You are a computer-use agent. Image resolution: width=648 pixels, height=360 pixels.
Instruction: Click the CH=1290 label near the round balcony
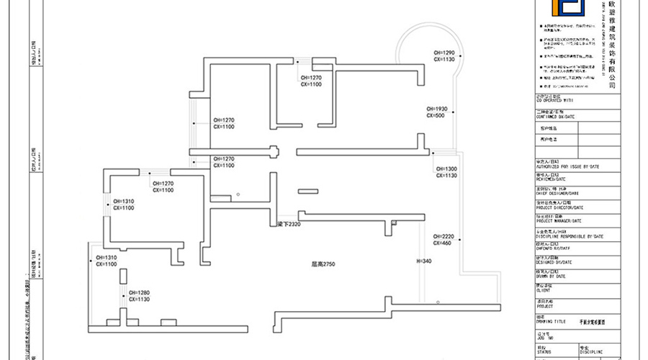click(444, 53)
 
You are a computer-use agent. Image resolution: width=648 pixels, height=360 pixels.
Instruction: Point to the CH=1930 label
click(437, 109)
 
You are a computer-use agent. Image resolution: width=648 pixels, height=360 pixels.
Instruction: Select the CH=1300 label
click(445, 169)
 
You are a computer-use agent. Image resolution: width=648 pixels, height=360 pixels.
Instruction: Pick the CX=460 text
click(442, 243)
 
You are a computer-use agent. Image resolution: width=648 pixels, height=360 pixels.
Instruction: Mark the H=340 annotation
click(423, 261)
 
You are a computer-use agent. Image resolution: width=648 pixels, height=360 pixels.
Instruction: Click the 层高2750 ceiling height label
click(324, 264)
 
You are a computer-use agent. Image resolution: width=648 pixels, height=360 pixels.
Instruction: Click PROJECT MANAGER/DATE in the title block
click(559, 221)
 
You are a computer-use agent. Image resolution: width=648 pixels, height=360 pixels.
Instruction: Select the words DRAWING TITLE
click(552, 322)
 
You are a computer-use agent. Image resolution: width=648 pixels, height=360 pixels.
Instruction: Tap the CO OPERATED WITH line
click(553, 101)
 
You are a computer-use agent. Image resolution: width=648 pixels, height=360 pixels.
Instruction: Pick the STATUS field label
click(544, 351)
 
